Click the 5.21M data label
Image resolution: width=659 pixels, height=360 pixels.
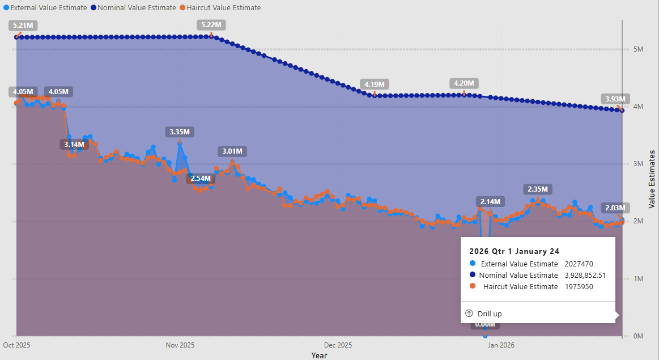click(x=23, y=26)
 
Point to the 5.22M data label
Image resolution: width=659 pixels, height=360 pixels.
click(x=211, y=26)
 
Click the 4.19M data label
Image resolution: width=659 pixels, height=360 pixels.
click(x=375, y=84)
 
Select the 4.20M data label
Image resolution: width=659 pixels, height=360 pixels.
click(x=464, y=83)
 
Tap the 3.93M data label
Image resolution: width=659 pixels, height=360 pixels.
click(x=615, y=99)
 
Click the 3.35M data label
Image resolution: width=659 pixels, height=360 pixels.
click(x=180, y=132)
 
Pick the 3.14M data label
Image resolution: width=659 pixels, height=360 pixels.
click(x=74, y=144)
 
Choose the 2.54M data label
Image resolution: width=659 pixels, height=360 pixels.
click(x=201, y=178)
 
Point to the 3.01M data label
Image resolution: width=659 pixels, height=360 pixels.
click(x=232, y=151)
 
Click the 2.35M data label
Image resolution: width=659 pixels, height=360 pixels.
click(x=538, y=189)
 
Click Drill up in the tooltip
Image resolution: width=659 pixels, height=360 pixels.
click(x=489, y=314)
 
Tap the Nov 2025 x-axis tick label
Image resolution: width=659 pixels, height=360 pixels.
click(x=180, y=345)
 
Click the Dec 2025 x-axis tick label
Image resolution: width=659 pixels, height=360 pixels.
click(x=338, y=345)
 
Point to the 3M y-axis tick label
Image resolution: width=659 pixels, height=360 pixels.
click(x=638, y=164)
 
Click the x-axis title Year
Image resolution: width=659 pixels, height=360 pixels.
click(x=319, y=355)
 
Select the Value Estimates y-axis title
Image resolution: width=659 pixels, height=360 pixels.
click(x=652, y=179)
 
